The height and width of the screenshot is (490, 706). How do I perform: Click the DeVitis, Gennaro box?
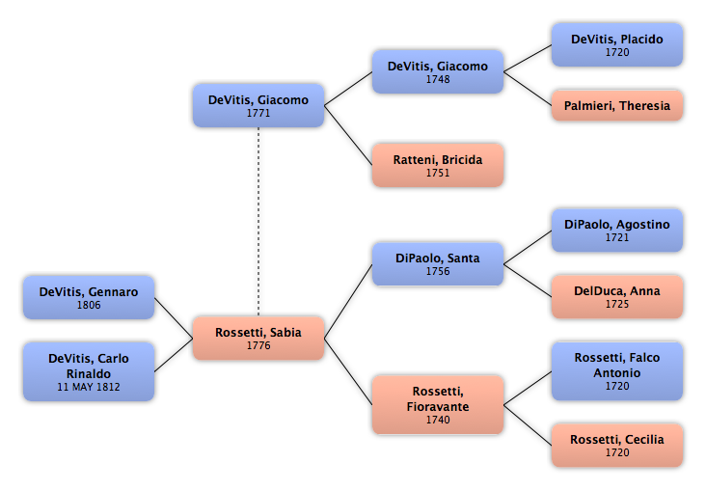click(x=89, y=298)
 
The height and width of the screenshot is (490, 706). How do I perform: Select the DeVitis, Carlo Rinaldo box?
click(x=89, y=371)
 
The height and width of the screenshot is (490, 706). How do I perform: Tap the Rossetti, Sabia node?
click(x=258, y=339)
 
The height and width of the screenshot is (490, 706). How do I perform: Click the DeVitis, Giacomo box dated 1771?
click(x=258, y=105)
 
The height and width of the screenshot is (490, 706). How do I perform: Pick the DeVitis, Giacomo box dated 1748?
click(x=438, y=72)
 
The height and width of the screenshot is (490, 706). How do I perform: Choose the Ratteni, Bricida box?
click(x=438, y=165)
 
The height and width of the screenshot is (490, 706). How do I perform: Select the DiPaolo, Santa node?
click(x=438, y=264)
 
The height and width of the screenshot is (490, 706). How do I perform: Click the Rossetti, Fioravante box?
click(x=438, y=405)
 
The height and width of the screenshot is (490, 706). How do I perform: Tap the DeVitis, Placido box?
click(x=617, y=45)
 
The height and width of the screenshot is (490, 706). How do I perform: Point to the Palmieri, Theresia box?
click(x=617, y=105)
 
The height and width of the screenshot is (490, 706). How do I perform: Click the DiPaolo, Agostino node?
click(x=617, y=231)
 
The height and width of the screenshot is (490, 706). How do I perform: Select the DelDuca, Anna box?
click(x=617, y=297)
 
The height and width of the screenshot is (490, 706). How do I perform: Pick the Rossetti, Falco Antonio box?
click(x=617, y=371)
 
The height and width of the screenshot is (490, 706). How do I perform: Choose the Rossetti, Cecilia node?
click(x=617, y=445)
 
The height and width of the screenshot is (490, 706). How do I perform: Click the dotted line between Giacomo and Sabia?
click(x=258, y=222)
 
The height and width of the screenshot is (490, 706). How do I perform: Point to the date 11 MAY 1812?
click(x=89, y=387)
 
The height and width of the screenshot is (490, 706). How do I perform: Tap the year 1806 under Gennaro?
click(x=89, y=305)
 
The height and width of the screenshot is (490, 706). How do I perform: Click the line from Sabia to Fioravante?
click(x=348, y=371)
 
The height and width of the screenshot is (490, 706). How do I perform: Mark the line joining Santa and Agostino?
click(x=528, y=247)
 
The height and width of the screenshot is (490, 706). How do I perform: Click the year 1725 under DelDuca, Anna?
click(x=617, y=304)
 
